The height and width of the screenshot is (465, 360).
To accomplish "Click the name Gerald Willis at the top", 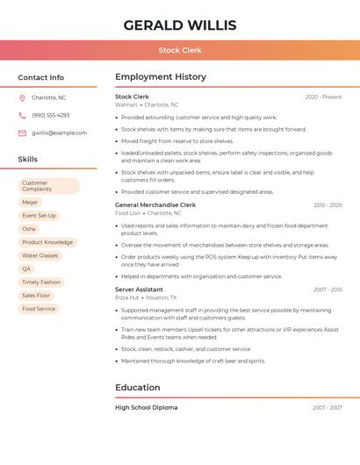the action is [180, 25].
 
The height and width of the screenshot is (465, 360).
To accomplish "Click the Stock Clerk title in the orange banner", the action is [180, 51].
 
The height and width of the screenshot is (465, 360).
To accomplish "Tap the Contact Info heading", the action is [41, 77].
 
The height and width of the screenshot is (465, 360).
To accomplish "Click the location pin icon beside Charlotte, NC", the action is [22, 97].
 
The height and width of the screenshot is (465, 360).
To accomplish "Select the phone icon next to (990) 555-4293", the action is [22, 115].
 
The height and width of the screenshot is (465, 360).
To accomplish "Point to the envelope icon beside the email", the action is [22, 132].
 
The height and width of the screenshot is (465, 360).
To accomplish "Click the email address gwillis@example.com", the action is [60, 132].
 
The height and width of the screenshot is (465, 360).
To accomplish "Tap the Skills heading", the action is [28, 159].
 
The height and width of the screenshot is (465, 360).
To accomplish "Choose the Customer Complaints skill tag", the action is [48, 186].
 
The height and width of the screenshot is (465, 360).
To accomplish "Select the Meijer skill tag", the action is [30, 203].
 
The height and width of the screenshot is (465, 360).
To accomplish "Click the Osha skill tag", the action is [29, 229].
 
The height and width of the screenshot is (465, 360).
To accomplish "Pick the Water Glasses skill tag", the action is [40, 255].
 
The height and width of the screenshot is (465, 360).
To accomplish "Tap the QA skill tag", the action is [26, 268].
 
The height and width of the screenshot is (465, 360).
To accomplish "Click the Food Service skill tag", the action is [39, 309].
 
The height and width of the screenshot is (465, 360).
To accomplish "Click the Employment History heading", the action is [161, 77].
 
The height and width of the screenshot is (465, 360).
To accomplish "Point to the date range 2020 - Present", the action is [323, 97].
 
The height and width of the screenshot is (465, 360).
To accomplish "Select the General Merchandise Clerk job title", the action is [155, 204].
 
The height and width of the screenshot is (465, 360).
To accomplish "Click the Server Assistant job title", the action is [139, 290].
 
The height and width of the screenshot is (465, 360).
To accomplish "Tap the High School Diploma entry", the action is [146, 407].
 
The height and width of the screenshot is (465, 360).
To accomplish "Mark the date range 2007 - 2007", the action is [327, 407].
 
